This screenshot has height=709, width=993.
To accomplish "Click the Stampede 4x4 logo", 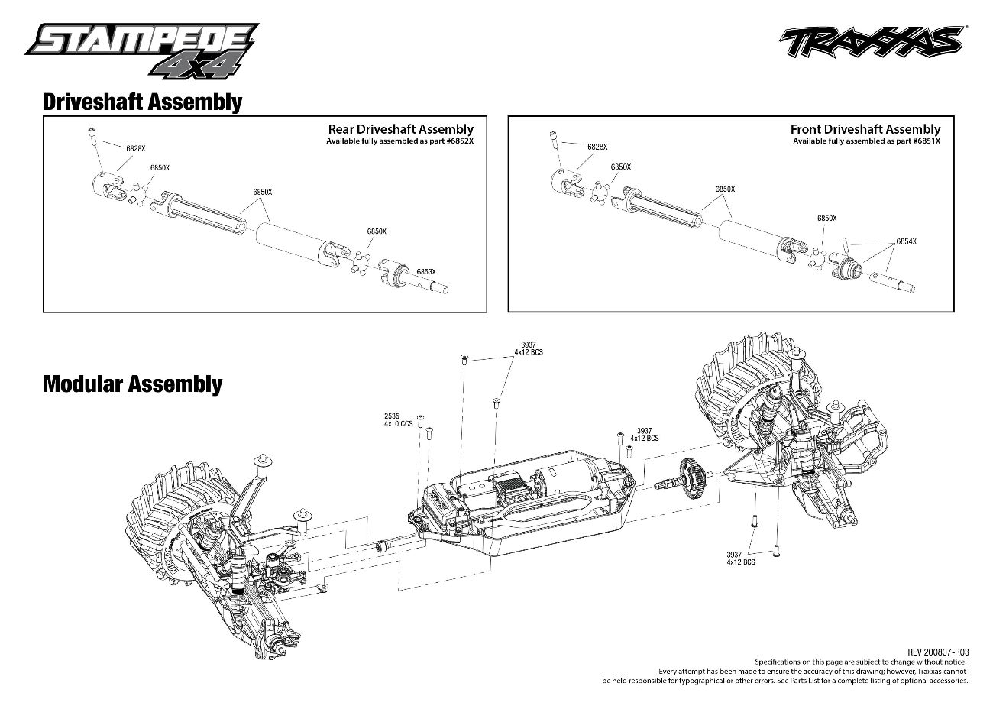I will click(x=142, y=50).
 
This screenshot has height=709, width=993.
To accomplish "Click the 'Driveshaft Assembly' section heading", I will click(x=142, y=102).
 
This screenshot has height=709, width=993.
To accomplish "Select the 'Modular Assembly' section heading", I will click(x=132, y=384).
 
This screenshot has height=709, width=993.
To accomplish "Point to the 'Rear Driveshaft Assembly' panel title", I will click(x=400, y=129).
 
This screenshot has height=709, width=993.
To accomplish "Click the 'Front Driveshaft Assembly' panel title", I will click(x=865, y=129).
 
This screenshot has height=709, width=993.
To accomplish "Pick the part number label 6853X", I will click(x=425, y=271).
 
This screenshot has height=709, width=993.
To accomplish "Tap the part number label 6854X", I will click(x=906, y=241).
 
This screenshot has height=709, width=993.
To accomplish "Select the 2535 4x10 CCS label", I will click(x=398, y=420).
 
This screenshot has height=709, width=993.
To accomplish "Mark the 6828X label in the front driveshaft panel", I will click(x=597, y=146).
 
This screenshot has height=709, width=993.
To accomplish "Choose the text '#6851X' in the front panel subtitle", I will click(x=925, y=141).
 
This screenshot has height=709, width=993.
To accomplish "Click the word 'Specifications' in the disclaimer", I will click(x=777, y=662).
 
